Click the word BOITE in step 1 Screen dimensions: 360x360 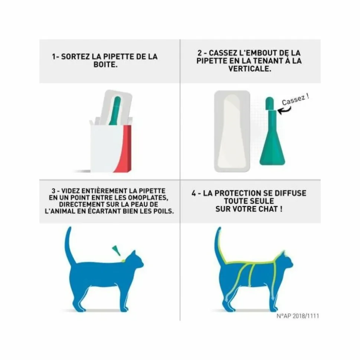pyautogui.click(x=105, y=65)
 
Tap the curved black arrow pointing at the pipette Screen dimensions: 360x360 pyautogui.click(x=284, y=110)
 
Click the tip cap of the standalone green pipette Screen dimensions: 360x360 pyautogui.click(x=269, y=103)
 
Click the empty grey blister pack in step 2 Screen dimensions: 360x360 pyautogui.click(x=232, y=131)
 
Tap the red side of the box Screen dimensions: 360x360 pyautogui.click(x=124, y=149)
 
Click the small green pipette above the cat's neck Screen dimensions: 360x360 pyautogui.click(x=116, y=250)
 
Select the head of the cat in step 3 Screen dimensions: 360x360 pyautogui.click(x=135, y=260)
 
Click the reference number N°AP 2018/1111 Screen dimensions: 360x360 pyautogui.click(x=298, y=316)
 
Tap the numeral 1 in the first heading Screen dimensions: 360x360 pyautogui.click(x=53, y=57)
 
